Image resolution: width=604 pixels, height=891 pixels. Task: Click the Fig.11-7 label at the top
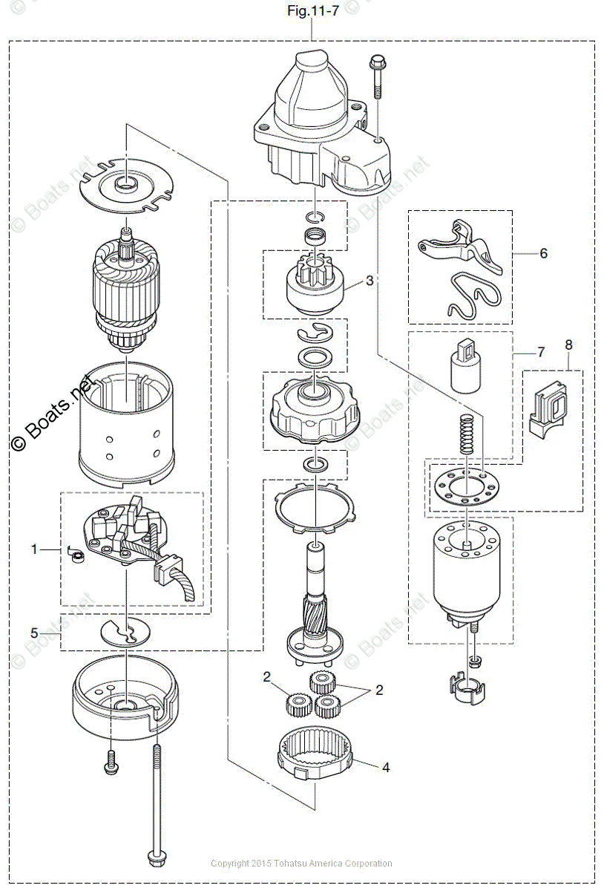[312, 12]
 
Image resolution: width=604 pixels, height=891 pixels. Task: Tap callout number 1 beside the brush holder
[33, 549]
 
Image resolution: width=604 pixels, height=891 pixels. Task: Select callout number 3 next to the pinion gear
[370, 281]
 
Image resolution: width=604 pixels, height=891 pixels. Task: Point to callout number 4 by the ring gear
[385, 768]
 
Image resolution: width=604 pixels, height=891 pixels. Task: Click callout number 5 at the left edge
[33, 633]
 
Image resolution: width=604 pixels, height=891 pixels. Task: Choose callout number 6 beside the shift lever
[544, 253]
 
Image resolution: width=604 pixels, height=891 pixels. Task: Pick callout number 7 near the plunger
[540, 352]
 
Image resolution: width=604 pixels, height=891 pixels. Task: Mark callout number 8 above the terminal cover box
[569, 345]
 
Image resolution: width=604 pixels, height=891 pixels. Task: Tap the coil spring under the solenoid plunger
[467, 434]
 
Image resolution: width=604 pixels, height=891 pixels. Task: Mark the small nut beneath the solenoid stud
[472, 659]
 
